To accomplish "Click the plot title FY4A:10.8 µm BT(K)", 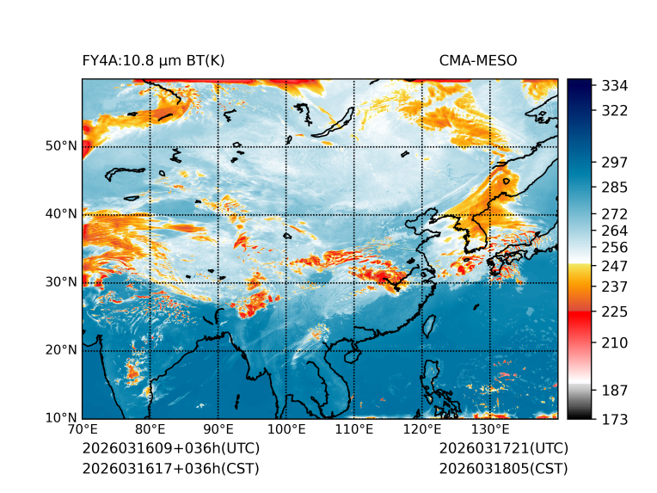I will pyautogui.click(x=153, y=60).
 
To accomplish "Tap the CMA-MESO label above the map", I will pyautogui.click(x=477, y=60).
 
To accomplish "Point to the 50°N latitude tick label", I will pyautogui.click(x=60, y=146).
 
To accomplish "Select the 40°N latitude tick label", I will pyautogui.click(x=60, y=214).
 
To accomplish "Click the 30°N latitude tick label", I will pyautogui.click(x=60, y=282).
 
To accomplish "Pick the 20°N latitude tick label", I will pyautogui.click(x=60, y=350).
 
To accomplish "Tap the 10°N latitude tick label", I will pyautogui.click(x=60, y=418).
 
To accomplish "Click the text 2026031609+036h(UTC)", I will pyautogui.click(x=170, y=449).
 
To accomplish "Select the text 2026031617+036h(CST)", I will pyautogui.click(x=170, y=469).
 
